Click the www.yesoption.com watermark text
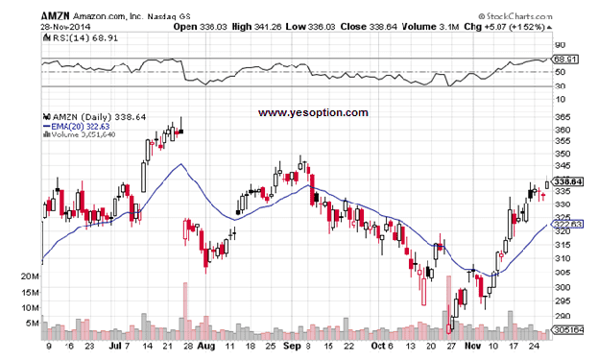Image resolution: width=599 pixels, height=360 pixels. pyautogui.click(x=313, y=112)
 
